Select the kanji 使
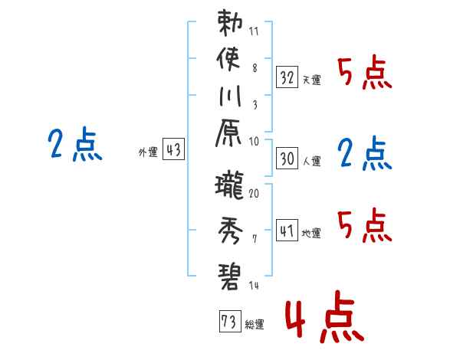pyautogui.click(x=228, y=59)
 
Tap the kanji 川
pyautogui.click(x=230, y=97)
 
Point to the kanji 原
pyautogui.click(x=228, y=133)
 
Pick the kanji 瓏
pyautogui.click(x=229, y=185)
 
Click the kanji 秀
pyautogui.click(x=230, y=231)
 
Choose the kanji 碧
pyautogui.click(x=230, y=277)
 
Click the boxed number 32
pyautogui.click(x=287, y=77)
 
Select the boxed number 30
pyautogui.click(x=287, y=159)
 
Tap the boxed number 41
pyautogui.click(x=287, y=231)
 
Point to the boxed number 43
pyautogui.click(x=173, y=149)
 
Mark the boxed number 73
pyautogui.click(x=230, y=321)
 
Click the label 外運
pyautogui.click(x=148, y=152)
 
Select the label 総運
pyautogui.click(x=255, y=325)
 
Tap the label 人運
pyautogui.click(x=312, y=162)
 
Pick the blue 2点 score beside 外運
pyautogui.click(x=75, y=144)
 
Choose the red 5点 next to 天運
pyautogui.click(x=365, y=73)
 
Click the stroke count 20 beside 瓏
pyautogui.click(x=254, y=194)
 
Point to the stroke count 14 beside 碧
pyautogui.click(x=254, y=285)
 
